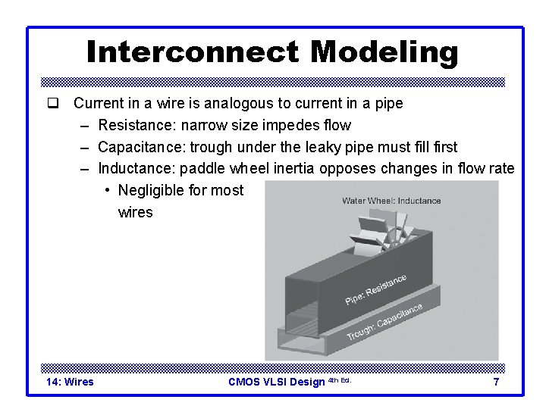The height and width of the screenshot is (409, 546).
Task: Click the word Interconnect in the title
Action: click(x=193, y=52)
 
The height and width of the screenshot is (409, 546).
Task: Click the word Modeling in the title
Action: click(x=384, y=52)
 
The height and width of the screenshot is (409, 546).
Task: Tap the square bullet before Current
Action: click(x=52, y=103)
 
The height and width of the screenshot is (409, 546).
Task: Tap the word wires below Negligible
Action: click(x=135, y=212)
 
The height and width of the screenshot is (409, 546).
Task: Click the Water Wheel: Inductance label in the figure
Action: click(x=391, y=201)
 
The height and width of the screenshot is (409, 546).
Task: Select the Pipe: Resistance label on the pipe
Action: click(x=375, y=290)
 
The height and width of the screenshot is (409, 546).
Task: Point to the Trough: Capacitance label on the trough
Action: click(x=384, y=322)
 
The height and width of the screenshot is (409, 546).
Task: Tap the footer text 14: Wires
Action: click(x=70, y=382)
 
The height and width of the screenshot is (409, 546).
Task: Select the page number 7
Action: click(x=496, y=382)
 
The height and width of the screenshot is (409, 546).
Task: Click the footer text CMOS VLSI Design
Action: click(x=276, y=382)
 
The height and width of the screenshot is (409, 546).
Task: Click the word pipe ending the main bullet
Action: click(x=388, y=103)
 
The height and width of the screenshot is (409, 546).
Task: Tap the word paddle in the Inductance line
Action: click(x=202, y=168)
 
